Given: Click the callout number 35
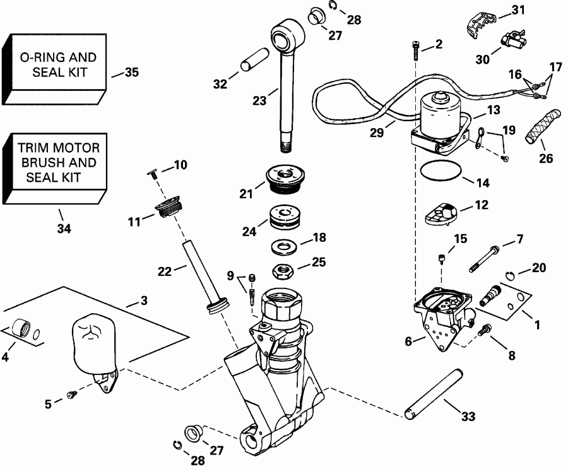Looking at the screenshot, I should click(131, 73).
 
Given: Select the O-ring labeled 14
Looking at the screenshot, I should click(439, 171).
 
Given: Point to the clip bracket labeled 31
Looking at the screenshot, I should click(478, 22).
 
